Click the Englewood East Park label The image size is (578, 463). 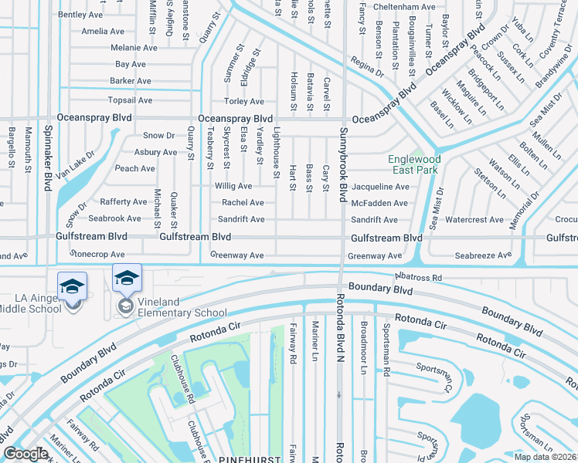point(413,164)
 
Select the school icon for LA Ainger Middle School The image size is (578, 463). point(72,287)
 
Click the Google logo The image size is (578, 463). point(25,454)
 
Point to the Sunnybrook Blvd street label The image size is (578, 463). point(339,165)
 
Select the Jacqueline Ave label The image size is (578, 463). point(380,187)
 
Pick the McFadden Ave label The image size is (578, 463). point(379,203)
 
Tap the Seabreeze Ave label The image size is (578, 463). point(483,255)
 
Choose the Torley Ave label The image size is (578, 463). point(243,102)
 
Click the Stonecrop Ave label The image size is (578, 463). point(97,254)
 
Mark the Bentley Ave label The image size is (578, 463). point(80,15)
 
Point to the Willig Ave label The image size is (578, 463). point(233,186)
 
